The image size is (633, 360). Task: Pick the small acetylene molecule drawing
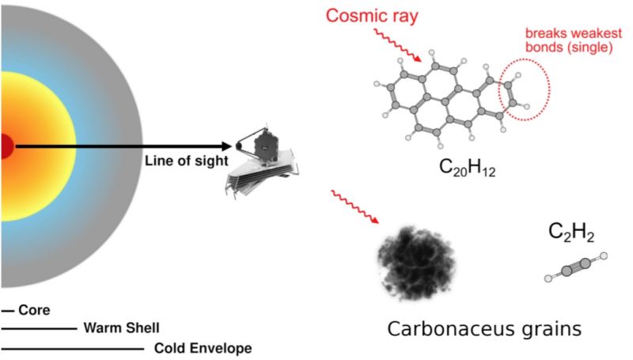tap(575, 267)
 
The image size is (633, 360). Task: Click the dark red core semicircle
tap(6, 146)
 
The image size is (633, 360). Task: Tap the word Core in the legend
tap(34, 311)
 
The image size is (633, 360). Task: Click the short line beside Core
tap(8, 312)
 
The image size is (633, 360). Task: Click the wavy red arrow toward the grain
tap(355, 208)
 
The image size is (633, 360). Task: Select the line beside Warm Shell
tap(39, 328)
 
